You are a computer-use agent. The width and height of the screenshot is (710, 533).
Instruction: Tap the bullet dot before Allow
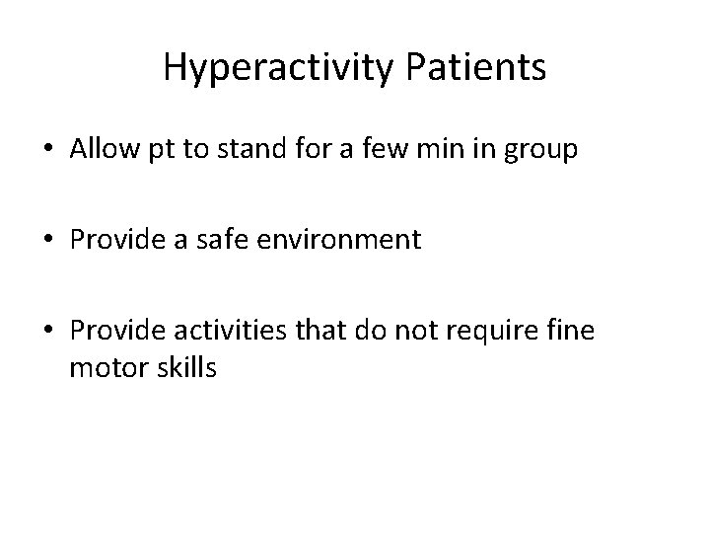[47, 151]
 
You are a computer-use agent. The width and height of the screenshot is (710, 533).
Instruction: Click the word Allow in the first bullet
[99, 149]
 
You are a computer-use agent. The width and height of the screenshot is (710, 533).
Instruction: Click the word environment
[338, 240]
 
